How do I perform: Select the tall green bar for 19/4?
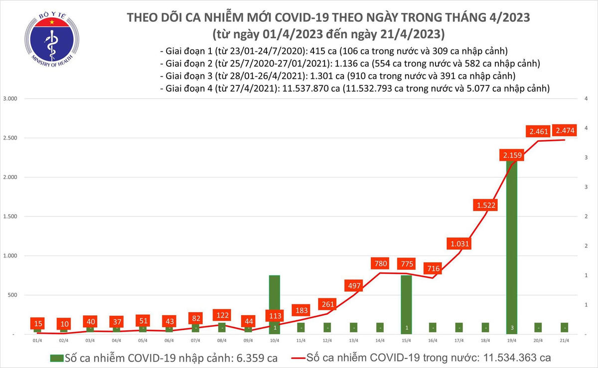tap(512, 249)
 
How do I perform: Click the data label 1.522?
tap(485, 205)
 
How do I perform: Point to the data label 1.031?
tap(459, 244)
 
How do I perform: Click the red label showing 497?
tap(353, 285)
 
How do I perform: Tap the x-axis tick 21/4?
tap(565, 341)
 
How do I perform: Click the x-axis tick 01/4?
tap(37, 341)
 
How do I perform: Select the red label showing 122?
tap(222, 316)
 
